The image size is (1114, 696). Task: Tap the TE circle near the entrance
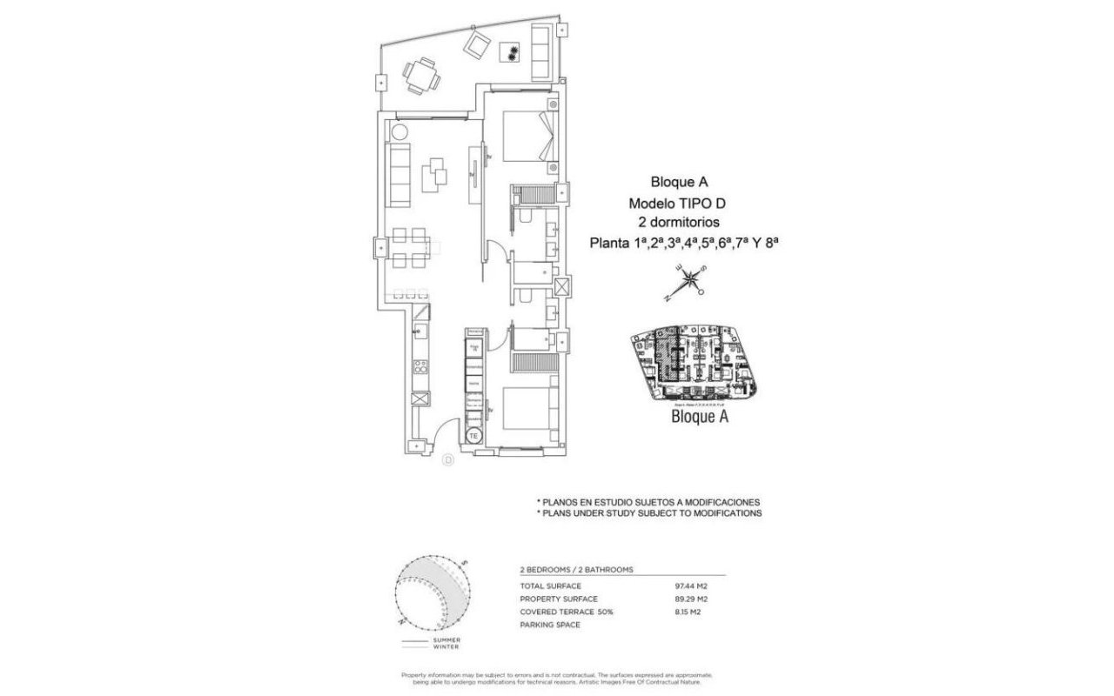[x=474, y=435]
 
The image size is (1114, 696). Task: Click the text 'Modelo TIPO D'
[x=679, y=204]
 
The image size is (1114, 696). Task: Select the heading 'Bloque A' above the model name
[x=679, y=183]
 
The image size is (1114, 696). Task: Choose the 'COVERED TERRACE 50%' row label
[x=567, y=612]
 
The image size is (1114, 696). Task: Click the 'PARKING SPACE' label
[x=549, y=625]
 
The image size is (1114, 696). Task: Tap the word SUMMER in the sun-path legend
[x=446, y=640]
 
